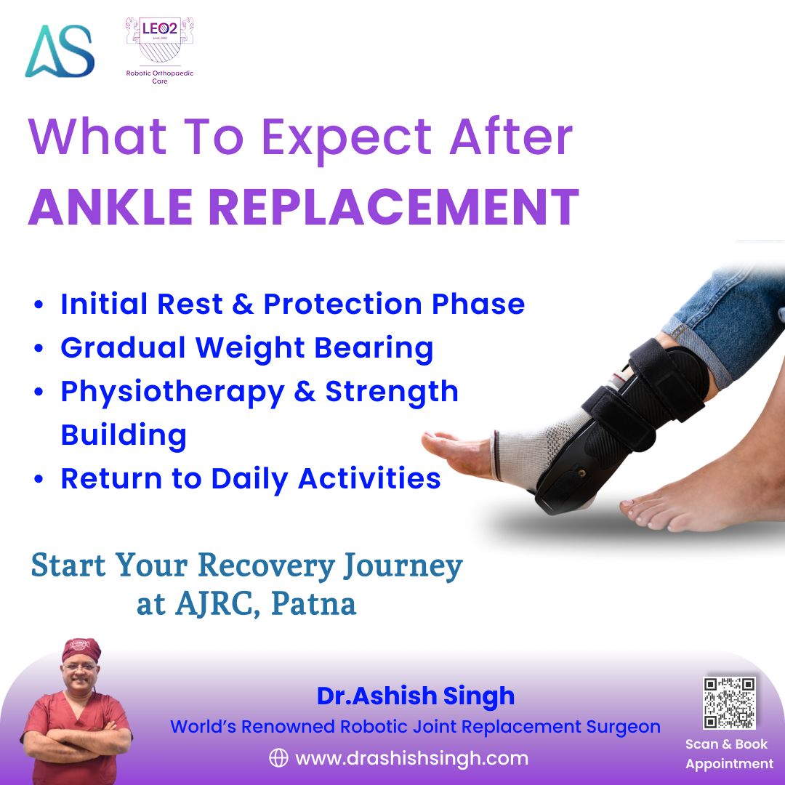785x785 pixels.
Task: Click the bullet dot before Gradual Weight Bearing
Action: (x=39, y=349)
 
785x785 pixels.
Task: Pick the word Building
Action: (x=124, y=435)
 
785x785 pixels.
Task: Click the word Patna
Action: (x=313, y=604)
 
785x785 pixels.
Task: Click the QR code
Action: (x=729, y=702)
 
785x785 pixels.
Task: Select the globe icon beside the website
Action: (x=278, y=758)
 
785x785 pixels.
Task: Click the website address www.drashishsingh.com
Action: (x=411, y=758)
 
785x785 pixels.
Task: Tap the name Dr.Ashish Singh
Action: (x=415, y=696)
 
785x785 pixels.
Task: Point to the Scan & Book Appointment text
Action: (x=729, y=754)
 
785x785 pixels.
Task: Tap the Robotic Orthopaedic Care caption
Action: (x=160, y=78)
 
